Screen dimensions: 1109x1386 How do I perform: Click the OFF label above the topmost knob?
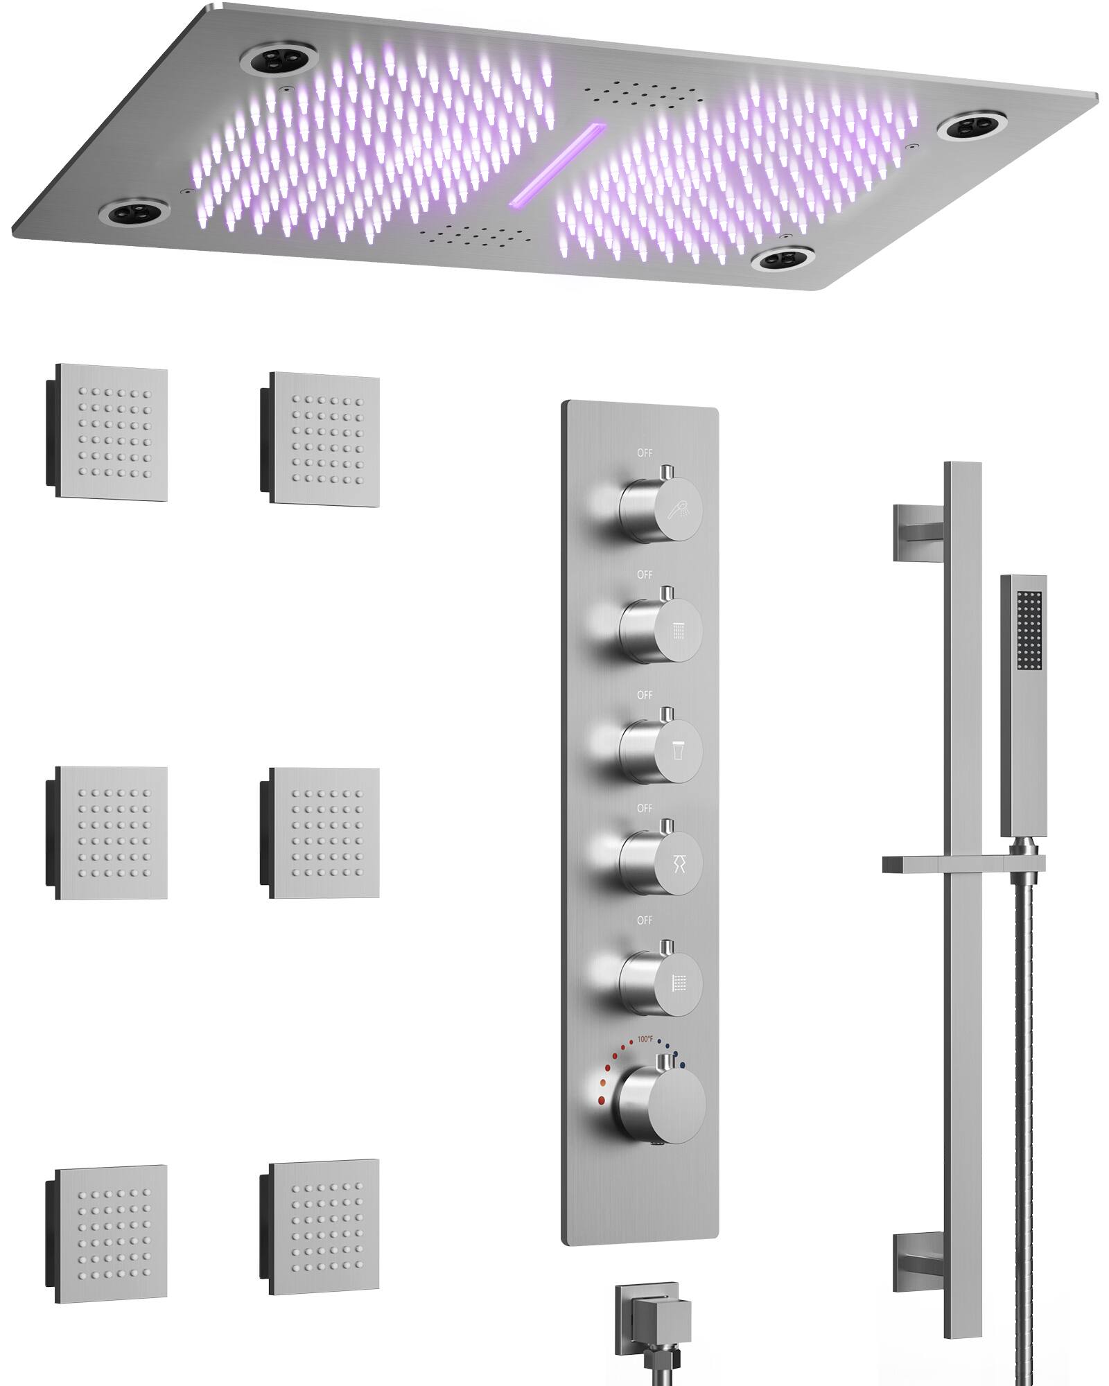click(645, 453)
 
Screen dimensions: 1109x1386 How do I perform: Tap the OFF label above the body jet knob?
click(645, 920)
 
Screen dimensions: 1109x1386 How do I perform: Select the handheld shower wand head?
click(1023, 707)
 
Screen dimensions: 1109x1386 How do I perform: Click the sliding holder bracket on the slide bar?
click(963, 863)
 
